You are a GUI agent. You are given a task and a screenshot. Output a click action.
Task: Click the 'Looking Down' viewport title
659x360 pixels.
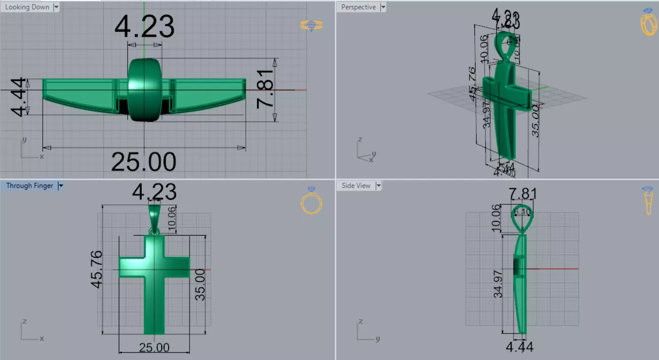click(27, 7)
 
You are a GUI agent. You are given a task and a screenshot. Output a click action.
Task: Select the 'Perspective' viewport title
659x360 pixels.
click(358, 7)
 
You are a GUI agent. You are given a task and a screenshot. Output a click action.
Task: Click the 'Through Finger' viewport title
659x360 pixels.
click(29, 186)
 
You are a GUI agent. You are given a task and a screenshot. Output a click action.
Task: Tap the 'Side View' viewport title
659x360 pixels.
click(356, 186)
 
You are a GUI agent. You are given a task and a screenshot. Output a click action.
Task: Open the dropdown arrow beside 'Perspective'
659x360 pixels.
click(383, 7)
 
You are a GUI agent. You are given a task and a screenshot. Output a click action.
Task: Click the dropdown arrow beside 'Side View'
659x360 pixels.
click(379, 186)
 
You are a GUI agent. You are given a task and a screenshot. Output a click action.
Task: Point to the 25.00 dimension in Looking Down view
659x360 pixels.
click(144, 162)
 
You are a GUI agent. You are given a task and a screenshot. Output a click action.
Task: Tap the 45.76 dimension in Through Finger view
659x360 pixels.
click(96, 270)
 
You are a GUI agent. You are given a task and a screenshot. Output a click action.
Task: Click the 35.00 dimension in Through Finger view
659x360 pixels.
click(201, 285)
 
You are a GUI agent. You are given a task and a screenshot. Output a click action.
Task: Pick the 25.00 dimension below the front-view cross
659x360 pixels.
click(154, 348)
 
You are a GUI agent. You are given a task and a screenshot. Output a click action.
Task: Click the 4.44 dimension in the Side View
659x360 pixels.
click(519, 347)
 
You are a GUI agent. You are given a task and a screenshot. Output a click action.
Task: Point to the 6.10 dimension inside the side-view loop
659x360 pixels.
click(522, 212)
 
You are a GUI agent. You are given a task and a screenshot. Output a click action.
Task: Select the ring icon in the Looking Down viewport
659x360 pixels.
click(312, 25)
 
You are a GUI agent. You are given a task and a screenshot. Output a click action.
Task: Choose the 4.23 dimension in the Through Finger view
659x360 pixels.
click(154, 192)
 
